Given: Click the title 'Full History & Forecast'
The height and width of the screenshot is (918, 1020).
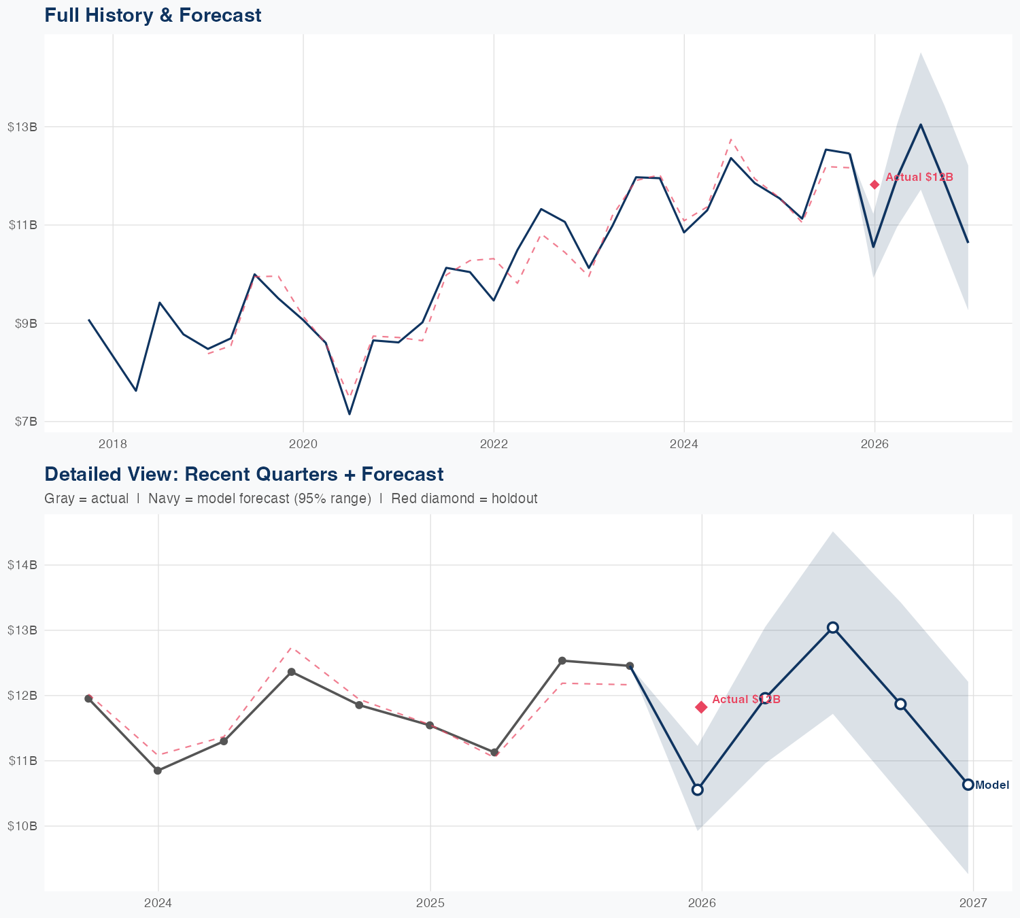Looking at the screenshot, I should pos(152,15).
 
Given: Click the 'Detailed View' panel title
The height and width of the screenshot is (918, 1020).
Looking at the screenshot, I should pos(243,474).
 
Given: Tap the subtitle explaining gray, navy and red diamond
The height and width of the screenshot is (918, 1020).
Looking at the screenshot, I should pos(290,498).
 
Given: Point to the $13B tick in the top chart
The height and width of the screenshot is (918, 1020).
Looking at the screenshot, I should pos(22,126).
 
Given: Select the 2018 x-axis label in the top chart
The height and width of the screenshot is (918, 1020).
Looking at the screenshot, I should pos(113,445).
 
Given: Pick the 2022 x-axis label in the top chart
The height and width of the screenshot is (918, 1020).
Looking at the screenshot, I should pos(494,445).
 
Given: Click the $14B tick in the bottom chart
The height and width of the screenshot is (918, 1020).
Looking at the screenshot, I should pos(22,565).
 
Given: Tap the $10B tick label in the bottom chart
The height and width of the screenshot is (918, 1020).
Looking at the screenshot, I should pos(22,826).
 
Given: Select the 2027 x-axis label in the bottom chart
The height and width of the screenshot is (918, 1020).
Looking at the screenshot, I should pos(973,904).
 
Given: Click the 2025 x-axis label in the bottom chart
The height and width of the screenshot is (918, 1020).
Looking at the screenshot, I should pos(430,904).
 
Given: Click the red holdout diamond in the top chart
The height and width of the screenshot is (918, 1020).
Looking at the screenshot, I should pos(874,184).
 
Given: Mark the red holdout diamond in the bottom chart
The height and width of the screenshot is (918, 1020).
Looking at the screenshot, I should pos(701,707).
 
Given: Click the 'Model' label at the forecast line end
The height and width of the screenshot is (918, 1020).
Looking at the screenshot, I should pos(992,785).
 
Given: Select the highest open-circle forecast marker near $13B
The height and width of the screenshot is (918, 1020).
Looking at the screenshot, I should pos(832,627).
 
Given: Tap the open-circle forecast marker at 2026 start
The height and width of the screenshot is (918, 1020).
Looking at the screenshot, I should pos(697,789).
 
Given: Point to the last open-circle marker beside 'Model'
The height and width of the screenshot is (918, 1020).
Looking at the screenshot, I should pos(968,785).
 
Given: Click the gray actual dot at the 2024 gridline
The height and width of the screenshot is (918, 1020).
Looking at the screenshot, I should pos(158,770).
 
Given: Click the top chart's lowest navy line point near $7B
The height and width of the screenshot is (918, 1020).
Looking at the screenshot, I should pos(350,413).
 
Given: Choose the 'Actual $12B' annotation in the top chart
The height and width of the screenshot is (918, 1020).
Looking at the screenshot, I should pos(919,177).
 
